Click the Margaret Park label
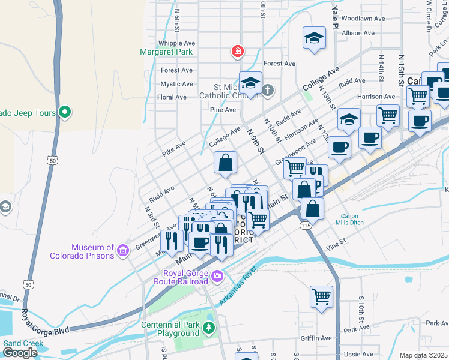(x=166, y=52)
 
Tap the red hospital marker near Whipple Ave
(x=238, y=52)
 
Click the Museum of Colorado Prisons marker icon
(x=123, y=250)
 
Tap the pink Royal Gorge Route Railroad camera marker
(x=217, y=277)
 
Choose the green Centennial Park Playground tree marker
(x=208, y=328)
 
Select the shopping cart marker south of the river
(x=321, y=296)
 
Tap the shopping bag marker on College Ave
(x=225, y=163)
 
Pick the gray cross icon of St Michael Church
(x=268, y=91)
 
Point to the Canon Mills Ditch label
(x=349, y=220)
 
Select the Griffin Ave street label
(x=316, y=338)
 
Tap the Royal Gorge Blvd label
(x=46, y=322)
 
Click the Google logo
(x=20, y=353)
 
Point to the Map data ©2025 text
(x=424, y=355)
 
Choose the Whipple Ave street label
(x=176, y=43)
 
